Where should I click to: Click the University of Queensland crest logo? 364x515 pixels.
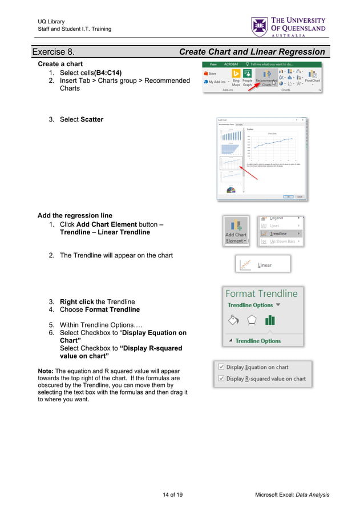click(x=259, y=27)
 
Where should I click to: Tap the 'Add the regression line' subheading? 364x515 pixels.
click(x=75, y=215)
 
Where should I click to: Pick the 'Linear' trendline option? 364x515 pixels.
click(x=264, y=265)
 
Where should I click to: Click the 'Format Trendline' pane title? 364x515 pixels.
click(x=261, y=293)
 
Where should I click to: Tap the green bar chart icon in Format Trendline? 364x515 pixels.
click(x=270, y=320)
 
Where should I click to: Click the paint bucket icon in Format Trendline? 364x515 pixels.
click(x=233, y=320)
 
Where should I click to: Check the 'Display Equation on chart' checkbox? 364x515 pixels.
click(x=220, y=367)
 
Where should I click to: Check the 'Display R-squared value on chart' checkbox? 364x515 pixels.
click(x=220, y=379)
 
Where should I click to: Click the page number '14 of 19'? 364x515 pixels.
click(x=173, y=494)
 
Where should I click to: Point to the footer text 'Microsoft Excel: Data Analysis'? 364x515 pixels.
click(x=292, y=494)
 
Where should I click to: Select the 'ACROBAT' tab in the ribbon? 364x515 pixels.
click(x=232, y=65)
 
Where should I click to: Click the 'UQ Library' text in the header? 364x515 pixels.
click(x=51, y=22)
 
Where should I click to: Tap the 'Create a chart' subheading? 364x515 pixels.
click(x=60, y=64)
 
